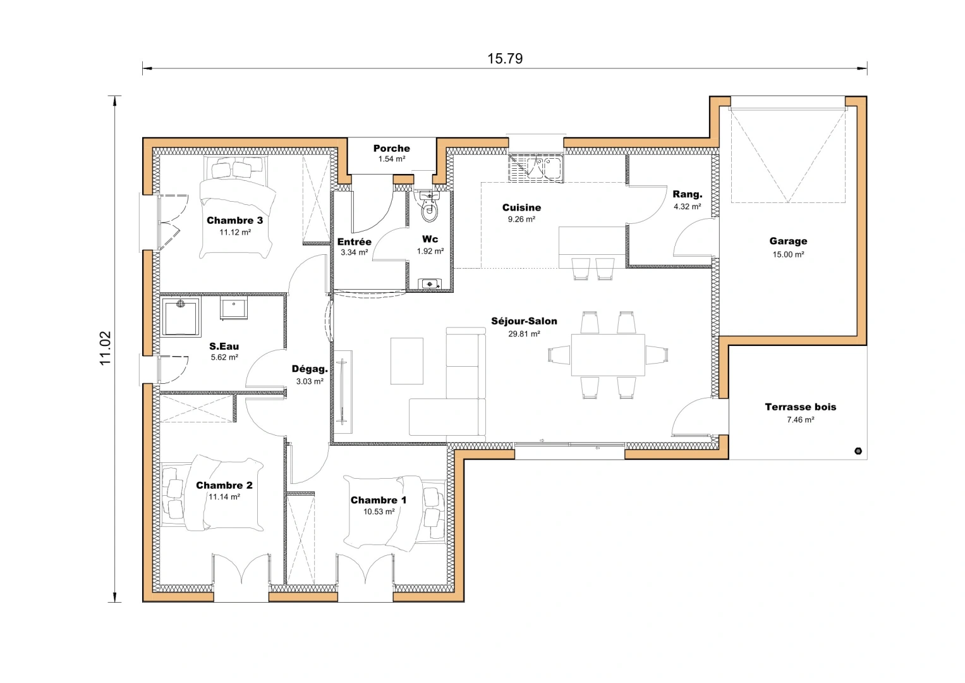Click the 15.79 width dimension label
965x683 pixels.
(x=505, y=59)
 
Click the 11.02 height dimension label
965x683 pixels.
(x=105, y=348)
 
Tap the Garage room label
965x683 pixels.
(x=788, y=241)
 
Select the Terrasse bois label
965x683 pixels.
(x=800, y=407)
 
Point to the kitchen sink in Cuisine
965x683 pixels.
(x=536, y=168)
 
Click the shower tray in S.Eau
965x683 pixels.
(x=181, y=317)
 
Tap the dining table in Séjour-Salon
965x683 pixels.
(x=608, y=355)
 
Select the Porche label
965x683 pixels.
(x=391, y=149)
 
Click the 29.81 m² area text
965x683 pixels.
(x=524, y=334)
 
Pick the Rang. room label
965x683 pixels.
(x=687, y=195)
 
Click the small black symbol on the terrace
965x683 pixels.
(x=858, y=451)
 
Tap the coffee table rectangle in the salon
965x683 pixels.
(x=406, y=361)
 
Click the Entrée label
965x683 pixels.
(x=354, y=242)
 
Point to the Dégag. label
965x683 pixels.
(x=310, y=369)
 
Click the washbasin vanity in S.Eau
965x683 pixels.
(x=234, y=309)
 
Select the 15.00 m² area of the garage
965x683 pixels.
(x=788, y=255)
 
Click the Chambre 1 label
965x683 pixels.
(x=379, y=500)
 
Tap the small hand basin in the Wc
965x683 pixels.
(x=430, y=284)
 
